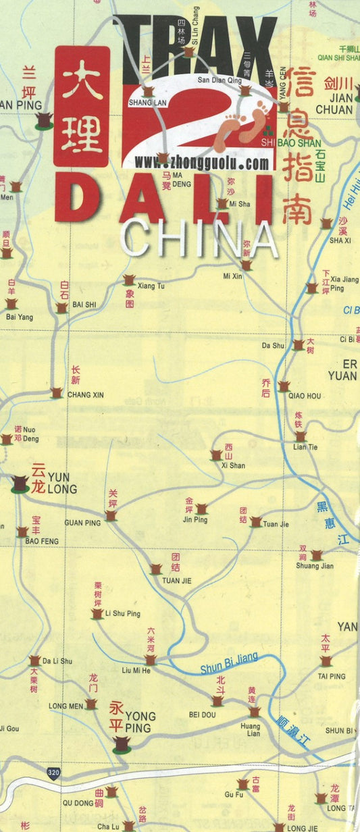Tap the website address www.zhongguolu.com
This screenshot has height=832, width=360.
tap(201, 163)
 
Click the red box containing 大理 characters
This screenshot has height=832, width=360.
tap(81, 106)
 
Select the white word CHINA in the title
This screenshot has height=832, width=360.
tap(199, 238)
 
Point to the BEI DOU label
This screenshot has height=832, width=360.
tap(202, 714)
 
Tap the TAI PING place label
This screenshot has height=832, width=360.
tap(332, 676)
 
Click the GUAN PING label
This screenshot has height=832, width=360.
tap(82, 523)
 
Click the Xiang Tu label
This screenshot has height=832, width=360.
tap(153, 286)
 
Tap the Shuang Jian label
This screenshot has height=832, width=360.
tap(314, 566)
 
